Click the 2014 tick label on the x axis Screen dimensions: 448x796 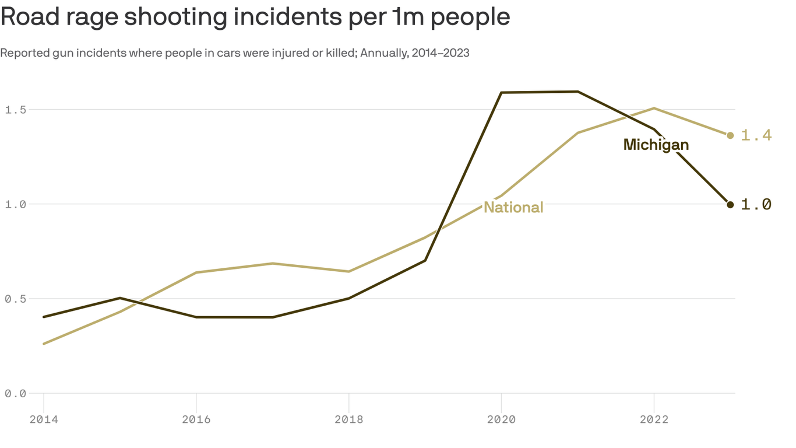[x=44, y=419]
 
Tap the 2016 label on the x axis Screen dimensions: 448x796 [x=196, y=419]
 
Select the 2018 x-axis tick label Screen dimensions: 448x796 [x=348, y=419]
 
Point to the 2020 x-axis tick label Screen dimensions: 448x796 [x=501, y=419]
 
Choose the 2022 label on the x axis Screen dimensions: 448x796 [x=654, y=419]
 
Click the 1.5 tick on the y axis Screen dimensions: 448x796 [x=16, y=110]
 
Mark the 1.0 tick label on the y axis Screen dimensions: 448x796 [x=16, y=204]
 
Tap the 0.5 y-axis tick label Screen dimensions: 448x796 [x=16, y=299]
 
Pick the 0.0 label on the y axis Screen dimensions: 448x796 [x=16, y=394]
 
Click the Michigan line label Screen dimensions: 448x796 [x=656, y=145]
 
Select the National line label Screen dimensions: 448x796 [x=513, y=208]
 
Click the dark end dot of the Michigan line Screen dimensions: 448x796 [x=730, y=204]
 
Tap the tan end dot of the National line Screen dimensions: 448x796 [x=730, y=135]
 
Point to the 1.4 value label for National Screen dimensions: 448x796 [x=756, y=135]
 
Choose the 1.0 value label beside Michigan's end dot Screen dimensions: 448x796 [x=756, y=204]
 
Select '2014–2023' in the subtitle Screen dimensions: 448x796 [x=440, y=53]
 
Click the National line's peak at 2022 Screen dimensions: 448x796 [x=654, y=108]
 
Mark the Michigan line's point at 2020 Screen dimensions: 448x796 [x=501, y=92]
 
